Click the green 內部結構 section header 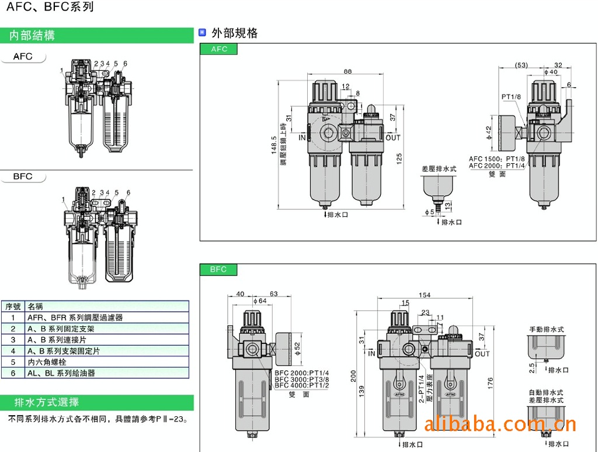(32, 36)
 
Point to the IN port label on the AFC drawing (302, 138)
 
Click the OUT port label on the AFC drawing (393, 138)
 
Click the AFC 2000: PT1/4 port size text (496, 165)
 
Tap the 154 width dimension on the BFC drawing (425, 295)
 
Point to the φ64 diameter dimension (260, 301)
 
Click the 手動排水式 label (547, 330)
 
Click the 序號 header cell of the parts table (13, 306)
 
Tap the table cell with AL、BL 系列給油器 (61, 373)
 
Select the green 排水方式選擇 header (47, 403)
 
